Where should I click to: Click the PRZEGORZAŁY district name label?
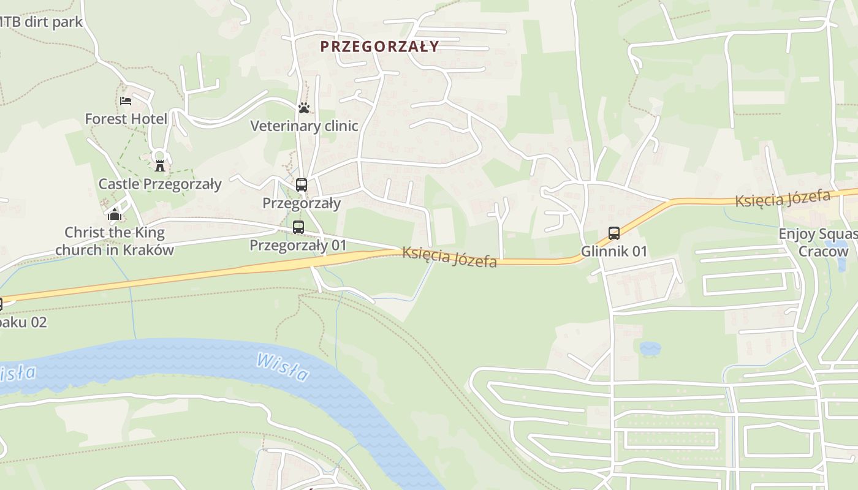(379, 47)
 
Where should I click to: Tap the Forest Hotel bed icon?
(126, 100)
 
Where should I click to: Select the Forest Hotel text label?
(126, 119)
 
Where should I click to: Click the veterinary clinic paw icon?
(304, 108)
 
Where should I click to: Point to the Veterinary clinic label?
(304, 126)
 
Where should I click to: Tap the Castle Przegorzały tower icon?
(160, 165)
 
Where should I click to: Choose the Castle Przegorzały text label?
(160, 184)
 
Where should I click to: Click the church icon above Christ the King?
(115, 214)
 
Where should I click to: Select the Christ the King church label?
(115, 241)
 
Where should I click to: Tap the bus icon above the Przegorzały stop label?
(301, 184)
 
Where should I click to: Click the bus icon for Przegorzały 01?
(298, 227)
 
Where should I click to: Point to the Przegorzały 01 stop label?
(298, 246)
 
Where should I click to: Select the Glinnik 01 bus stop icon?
(613, 233)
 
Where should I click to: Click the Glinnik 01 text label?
(613, 251)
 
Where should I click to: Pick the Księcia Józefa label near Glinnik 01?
(449, 257)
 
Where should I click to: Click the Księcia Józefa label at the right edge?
(783, 198)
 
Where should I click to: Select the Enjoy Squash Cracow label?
(818, 243)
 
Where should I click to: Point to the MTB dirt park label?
(40, 23)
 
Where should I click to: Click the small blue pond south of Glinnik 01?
(650, 349)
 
